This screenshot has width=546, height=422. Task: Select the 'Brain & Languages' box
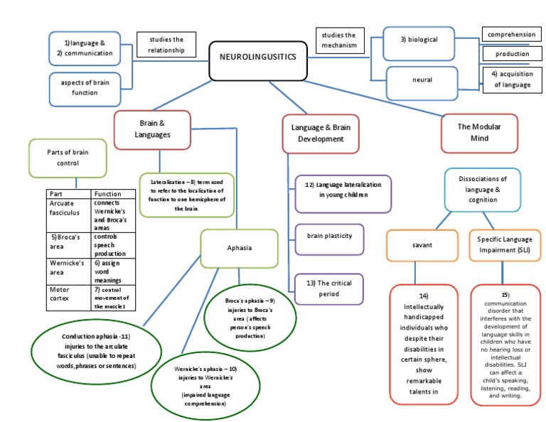pyautogui.click(x=152, y=129)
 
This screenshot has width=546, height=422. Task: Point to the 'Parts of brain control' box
pyautogui.click(x=68, y=158)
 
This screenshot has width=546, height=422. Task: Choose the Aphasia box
pyautogui.click(x=239, y=248)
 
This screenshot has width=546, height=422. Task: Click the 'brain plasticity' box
pyautogui.click(x=329, y=234)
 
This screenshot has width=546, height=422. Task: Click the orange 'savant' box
pyautogui.click(x=422, y=244)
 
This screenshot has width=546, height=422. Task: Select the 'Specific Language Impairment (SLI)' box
pyautogui.click(x=504, y=244)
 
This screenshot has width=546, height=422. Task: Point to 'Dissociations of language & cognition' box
pyautogui.click(x=482, y=190)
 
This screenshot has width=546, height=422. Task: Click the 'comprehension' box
pyautogui.click(x=513, y=34)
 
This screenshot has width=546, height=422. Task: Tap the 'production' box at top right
pyautogui.click(x=513, y=54)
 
